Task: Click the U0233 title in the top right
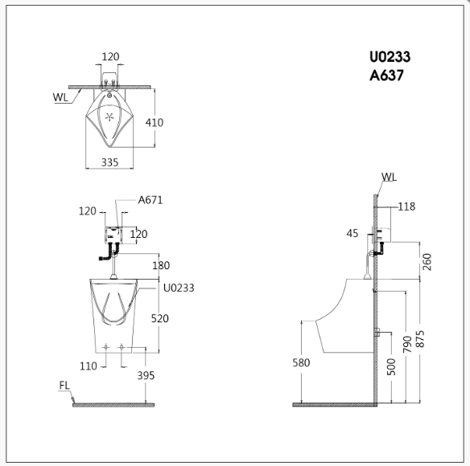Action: click(390, 57)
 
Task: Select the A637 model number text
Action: click(386, 76)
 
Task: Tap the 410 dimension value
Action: click(155, 123)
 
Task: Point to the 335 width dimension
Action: click(109, 162)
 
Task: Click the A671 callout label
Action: click(150, 200)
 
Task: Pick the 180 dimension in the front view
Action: click(161, 265)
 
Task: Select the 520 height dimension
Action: click(160, 318)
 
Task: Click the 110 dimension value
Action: click(89, 366)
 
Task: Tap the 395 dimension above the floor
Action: click(146, 376)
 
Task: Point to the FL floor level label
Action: click(64, 386)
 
